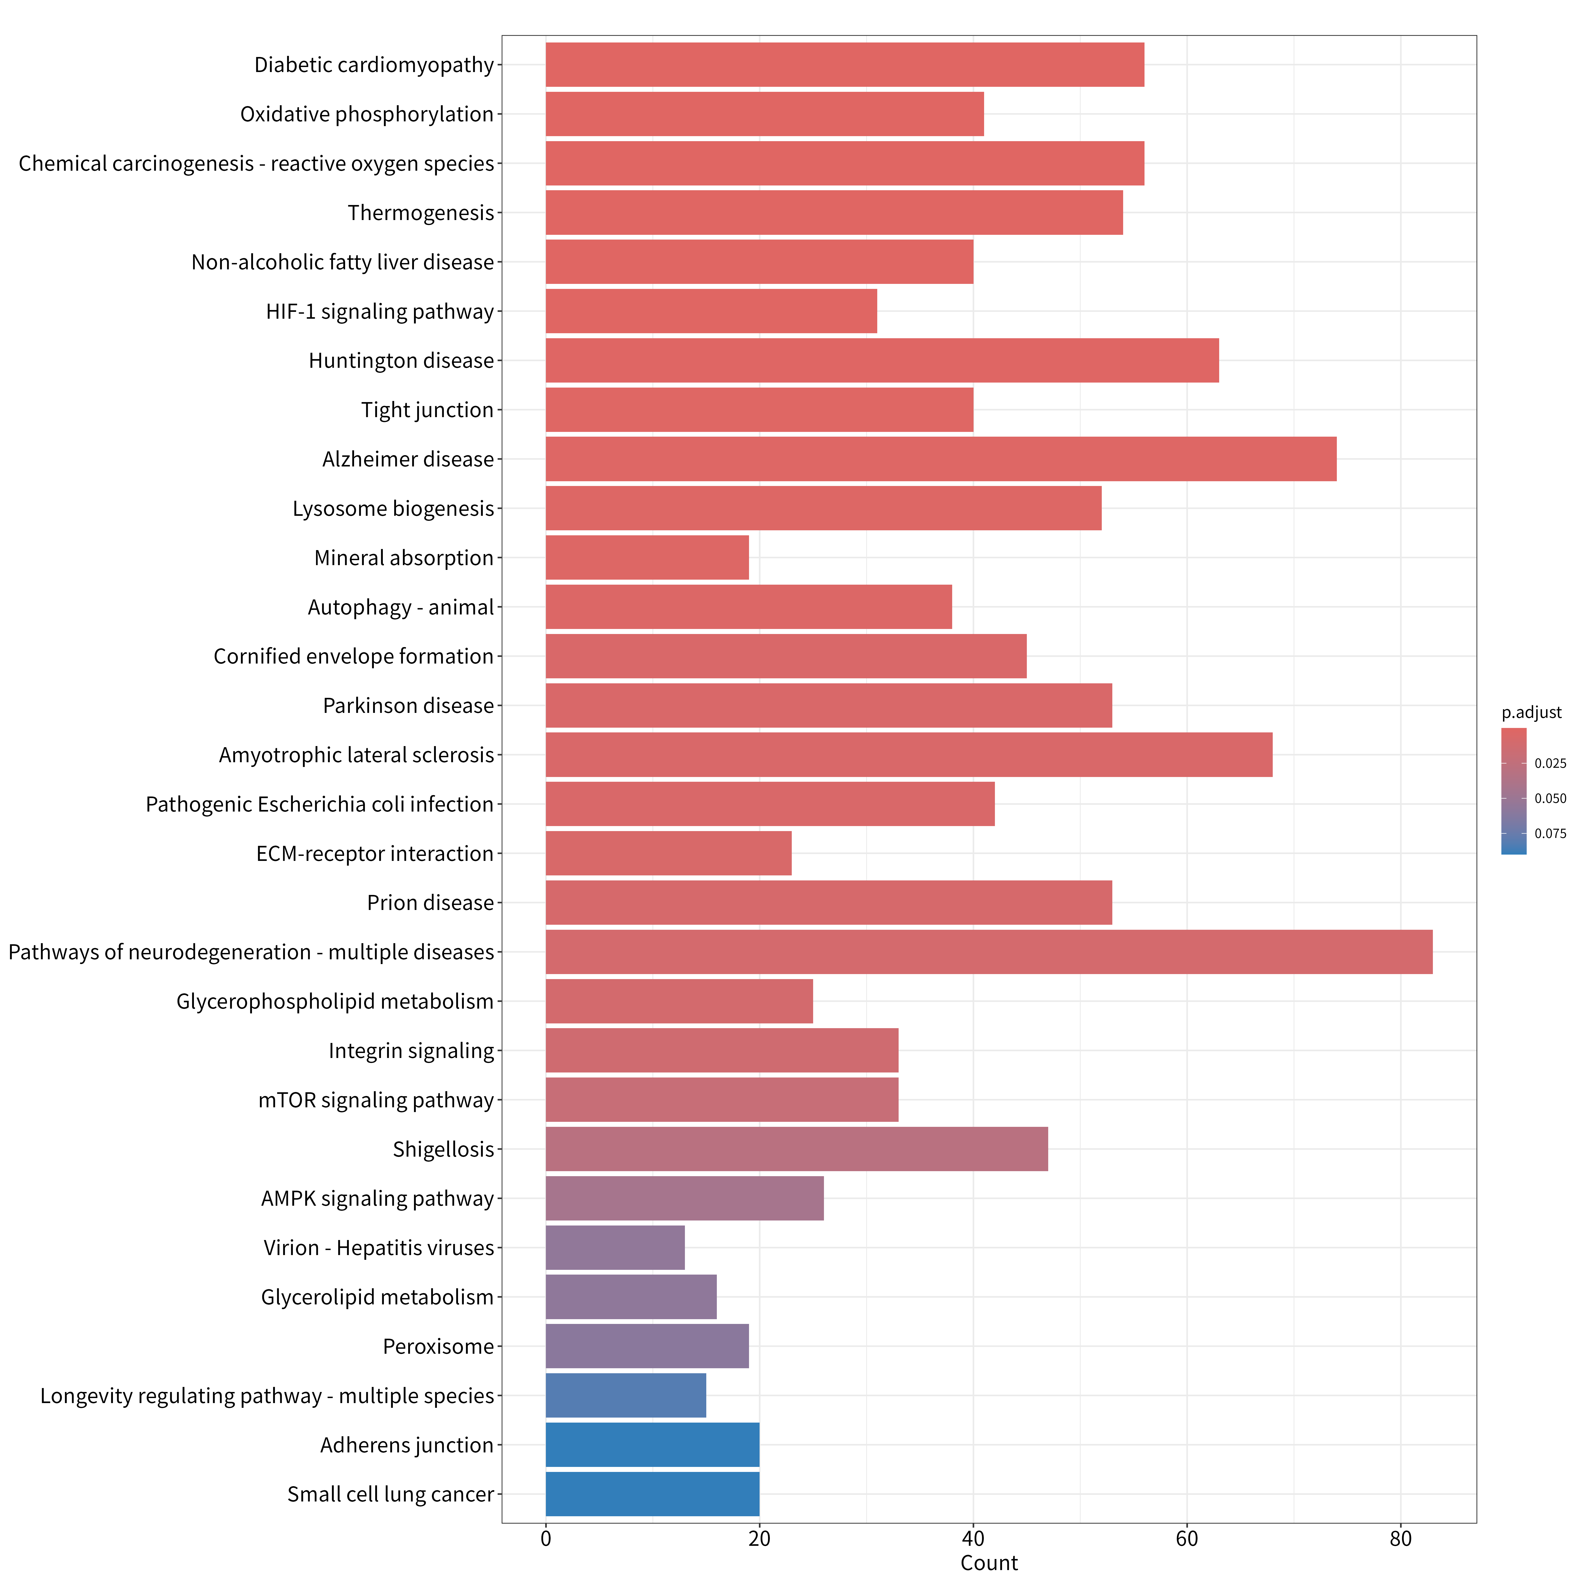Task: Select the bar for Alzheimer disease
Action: tap(941, 459)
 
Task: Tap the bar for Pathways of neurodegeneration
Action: tap(989, 952)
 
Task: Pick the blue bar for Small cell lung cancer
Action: tap(652, 1495)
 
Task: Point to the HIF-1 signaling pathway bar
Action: tap(711, 311)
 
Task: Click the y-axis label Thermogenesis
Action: tap(421, 213)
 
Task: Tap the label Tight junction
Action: tap(428, 410)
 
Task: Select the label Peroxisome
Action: tap(438, 1346)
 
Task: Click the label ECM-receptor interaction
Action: tap(375, 854)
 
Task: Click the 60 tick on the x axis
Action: tap(1186, 1539)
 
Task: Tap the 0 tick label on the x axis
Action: tap(546, 1539)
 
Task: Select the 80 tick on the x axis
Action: tap(1400, 1539)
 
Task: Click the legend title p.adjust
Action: tap(1531, 713)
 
